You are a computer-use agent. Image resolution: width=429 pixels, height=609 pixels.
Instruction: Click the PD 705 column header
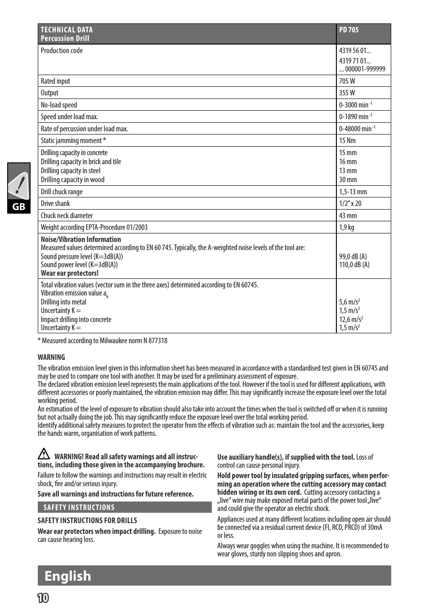pos(349,30)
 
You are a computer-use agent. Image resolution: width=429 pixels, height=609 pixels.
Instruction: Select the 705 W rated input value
pos(347,81)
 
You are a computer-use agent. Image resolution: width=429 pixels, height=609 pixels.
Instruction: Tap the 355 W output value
pos(347,93)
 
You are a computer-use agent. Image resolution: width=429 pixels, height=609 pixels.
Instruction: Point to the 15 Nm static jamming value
pos(347,141)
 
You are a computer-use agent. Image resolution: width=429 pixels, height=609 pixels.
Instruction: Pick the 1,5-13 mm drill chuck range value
pos(353,192)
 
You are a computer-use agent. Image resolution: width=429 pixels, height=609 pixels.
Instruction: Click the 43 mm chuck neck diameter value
pos(348,216)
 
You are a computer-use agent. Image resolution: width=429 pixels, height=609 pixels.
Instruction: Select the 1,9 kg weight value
pos(347,228)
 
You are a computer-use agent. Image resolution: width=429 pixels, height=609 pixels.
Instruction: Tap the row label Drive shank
pos(55,204)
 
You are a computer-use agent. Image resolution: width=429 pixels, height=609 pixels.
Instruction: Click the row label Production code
pos(62,51)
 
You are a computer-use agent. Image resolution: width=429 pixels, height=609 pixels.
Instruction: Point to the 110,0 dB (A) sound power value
pos(354,265)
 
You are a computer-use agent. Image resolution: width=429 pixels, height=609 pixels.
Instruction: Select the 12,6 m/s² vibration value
pos(351,320)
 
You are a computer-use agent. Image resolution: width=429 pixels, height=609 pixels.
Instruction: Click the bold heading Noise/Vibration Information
pos(81,240)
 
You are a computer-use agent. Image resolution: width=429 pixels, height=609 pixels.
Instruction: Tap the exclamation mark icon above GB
pos(18,185)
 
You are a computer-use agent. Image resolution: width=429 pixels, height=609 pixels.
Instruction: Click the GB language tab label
pos(19,207)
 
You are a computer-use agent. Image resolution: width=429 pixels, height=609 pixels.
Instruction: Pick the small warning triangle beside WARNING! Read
pos(44,454)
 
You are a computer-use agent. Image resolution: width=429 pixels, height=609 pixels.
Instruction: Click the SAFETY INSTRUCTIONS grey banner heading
pos(79,508)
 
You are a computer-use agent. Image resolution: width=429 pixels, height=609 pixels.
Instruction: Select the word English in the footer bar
pos(68,576)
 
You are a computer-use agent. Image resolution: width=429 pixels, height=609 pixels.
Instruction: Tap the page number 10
pos(43,598)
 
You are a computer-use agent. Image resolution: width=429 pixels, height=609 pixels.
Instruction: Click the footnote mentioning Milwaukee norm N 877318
pos(103,341)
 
